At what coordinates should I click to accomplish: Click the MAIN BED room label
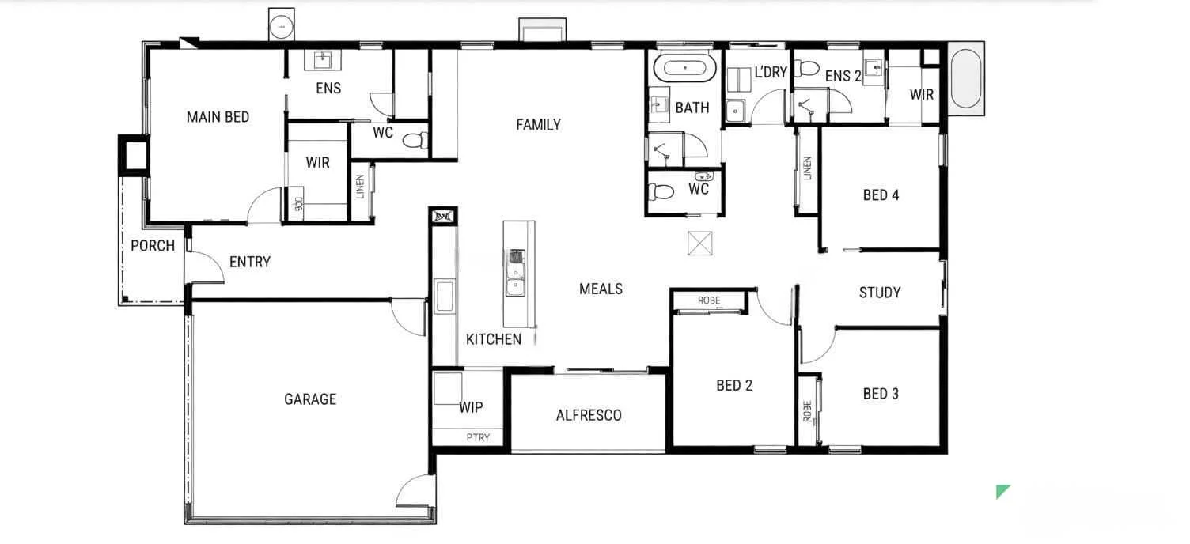(x=218, y=117)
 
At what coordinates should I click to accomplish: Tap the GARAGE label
(x=310, y=399)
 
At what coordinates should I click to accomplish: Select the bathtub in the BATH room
(x=686, y=67)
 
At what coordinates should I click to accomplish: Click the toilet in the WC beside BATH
(x=660, y=191)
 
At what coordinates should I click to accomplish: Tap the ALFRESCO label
(x=589, y=415)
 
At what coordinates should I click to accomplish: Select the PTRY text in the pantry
(x=478, y=437)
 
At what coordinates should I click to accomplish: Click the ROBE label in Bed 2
(x=709, y=300)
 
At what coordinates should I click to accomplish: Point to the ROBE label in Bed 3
(x=807, y=410)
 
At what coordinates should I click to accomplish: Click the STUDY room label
(x=880, y=293)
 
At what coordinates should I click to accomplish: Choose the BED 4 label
(x=881, y=195)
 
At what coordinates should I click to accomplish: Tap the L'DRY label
(x=771, y=73)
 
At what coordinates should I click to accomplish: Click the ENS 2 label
(x=843, y=76)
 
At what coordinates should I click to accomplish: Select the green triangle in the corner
(x=1002, y=491)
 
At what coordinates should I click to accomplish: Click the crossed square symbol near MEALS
(x=700, y=243)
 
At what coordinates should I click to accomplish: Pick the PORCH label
(x=153, y=246)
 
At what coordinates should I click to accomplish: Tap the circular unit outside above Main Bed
(x=281, y=26)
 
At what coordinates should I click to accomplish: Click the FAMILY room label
(x=538, y=124)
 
